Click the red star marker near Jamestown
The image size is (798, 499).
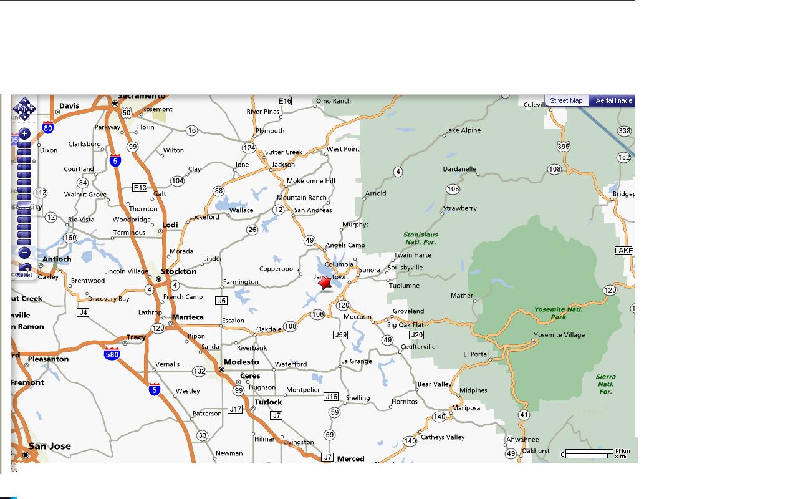pos(325,283)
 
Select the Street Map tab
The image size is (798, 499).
pos(566,100)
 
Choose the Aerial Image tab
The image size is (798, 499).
pos(613,100)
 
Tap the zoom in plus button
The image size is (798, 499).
pos(24,133)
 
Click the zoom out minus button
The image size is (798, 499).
pos(24,253)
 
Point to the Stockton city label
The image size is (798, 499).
pos(179,271)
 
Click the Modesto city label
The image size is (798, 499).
pos(241,362)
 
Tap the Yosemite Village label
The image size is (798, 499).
pos(559,335)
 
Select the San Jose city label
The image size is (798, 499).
pos(50,446)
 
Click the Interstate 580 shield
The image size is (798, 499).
pos(112,353)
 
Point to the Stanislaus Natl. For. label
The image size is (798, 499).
pos(421,238)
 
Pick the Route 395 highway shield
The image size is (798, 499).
pos(564,146)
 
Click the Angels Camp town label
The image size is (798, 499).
pos(345,245)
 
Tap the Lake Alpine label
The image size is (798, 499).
pos(463,130)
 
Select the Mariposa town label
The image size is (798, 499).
pos(466,408)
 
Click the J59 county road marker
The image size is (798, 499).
pos(340,335)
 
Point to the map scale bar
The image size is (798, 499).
pos(589,453)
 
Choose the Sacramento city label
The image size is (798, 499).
pos(142,96)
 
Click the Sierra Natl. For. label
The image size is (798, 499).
pos(605,384)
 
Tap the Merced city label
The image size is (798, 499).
pos(350,458)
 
